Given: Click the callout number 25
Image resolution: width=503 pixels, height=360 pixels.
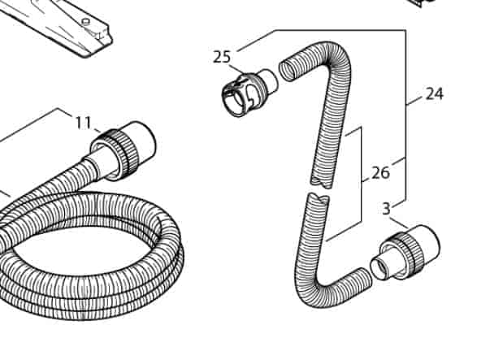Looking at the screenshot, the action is (x=222, y=57).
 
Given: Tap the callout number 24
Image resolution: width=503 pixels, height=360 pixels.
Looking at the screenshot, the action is (x=435, y=94).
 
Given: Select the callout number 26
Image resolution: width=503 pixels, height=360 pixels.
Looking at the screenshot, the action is (x=381, y=173).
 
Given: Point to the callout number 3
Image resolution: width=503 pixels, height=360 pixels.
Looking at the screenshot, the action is (x=387, y=209).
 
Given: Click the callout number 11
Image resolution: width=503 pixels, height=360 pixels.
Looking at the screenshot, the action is (x=84, y=122).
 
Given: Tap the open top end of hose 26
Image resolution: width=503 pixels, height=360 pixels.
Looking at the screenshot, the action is (x=288, y=70).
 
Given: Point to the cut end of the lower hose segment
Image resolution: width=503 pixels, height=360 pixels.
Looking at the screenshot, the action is (x=319, y=197).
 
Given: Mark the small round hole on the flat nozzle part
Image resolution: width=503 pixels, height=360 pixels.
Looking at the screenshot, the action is (x=85, y=22).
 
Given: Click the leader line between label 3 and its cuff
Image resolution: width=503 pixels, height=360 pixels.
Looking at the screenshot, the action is (x=400, y=223).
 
